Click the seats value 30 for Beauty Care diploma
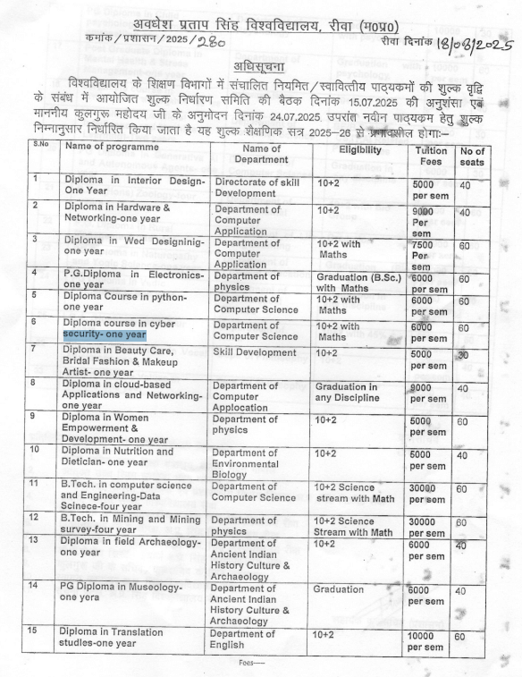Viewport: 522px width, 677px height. pos(463,355)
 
